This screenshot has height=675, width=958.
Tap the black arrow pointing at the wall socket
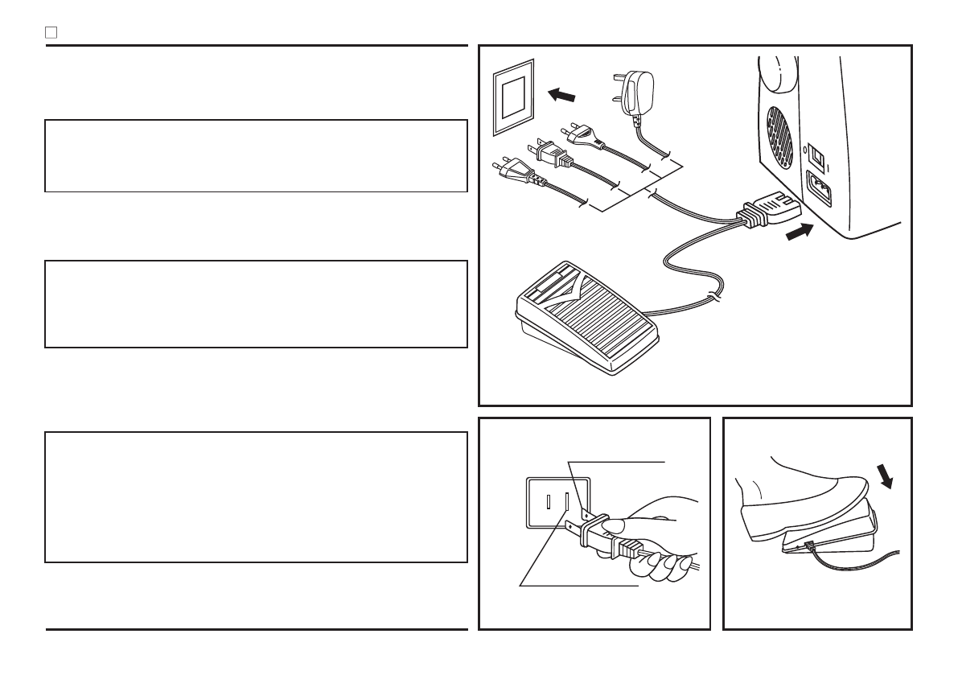click(x=561, y=95)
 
